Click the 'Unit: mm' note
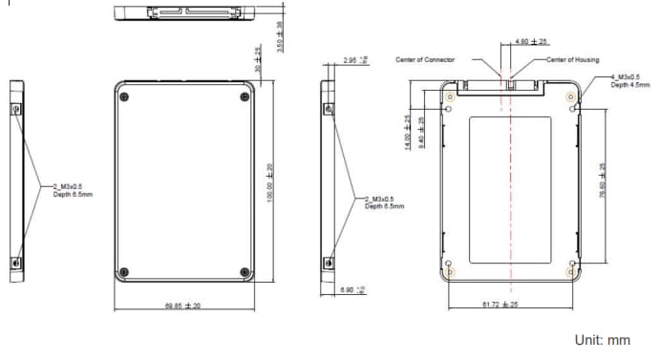click(x=602, y=339)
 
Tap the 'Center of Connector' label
click(x=425, y=59)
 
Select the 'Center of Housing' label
click(x=573, y=59)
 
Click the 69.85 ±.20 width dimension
click(x=182, y=306)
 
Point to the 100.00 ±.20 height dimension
click(x=270, y=180)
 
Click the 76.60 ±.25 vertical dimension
click(x=602, y=180)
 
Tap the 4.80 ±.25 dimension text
click(x=531, y=42)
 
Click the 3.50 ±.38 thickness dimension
click(x=280, y=36)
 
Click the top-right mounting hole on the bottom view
click(x=571, y=107)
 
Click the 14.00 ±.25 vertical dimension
click(x=408, y=133)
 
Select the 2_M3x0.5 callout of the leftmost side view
click(x=73, y=190)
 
